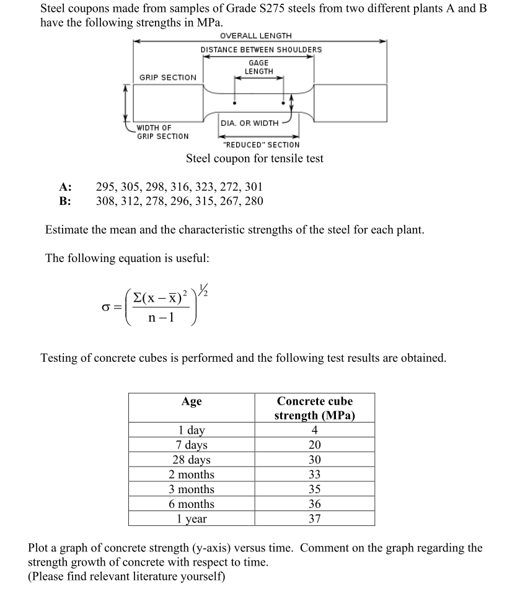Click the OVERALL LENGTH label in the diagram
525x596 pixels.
coord(255,36)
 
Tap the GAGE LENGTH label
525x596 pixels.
coord(258,68)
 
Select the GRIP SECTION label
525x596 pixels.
coord(167,77)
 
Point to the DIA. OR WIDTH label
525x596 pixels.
coord(249,123)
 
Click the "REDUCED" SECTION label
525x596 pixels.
coord(260,144)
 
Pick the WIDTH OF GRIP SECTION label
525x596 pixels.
coord(162,132)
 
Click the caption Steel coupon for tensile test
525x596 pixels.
coord(255,159)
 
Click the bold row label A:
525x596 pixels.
coord(65,186)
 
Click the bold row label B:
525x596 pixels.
coord(65,201)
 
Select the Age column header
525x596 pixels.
coord(191,401)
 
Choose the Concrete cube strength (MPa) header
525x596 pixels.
coord(314,408)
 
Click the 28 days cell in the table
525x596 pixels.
coord(191,460)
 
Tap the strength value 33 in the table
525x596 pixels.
coord(314,475)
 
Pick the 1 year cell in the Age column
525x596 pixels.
coord(191,519)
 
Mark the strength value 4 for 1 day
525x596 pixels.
coord(314,430)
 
